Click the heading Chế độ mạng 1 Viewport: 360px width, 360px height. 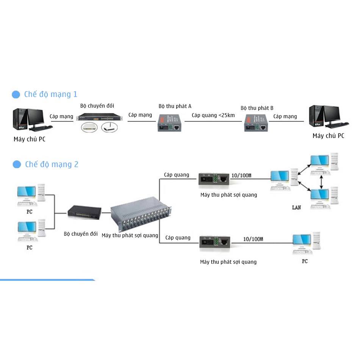(50, 94)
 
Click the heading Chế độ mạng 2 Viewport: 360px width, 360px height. (52, 164)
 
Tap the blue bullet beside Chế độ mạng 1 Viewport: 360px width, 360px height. (16, 94)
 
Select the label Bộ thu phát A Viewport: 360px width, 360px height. (175, 106)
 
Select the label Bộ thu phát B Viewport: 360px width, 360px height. (257, 108)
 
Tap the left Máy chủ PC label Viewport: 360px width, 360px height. (30, 139)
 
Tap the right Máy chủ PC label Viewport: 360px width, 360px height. (328, 136)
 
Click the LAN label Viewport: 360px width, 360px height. (296, 207)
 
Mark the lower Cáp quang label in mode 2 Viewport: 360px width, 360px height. (178, 238)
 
